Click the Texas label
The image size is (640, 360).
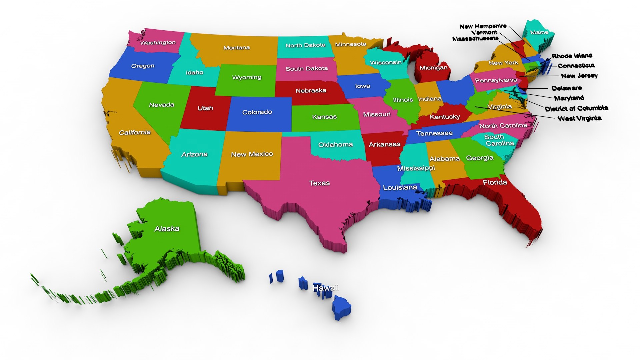319,183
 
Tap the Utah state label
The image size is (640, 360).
205,108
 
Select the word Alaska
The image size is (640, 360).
167,229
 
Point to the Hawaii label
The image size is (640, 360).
325,288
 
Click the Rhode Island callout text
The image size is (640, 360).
572,56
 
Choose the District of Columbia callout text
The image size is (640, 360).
576,108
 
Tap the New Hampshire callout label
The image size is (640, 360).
483,26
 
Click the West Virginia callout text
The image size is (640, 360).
579,118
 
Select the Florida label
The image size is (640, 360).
495,182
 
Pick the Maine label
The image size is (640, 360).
539,32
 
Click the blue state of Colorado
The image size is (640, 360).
257,112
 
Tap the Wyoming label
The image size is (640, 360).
247,77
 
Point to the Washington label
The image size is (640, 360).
158,42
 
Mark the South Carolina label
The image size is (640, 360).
499,140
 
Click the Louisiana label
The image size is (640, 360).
400,187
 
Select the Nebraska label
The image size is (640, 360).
311,90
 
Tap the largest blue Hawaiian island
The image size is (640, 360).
341,307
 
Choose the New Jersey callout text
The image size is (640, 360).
579,76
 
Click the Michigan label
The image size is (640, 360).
433,68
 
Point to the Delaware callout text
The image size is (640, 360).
566,88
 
